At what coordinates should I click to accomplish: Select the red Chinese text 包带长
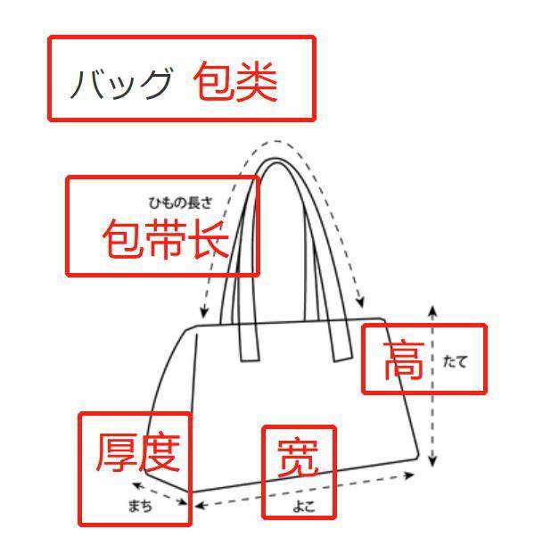click(166, 239)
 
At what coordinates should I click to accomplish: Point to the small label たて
click(455, 361)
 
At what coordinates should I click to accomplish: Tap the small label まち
click(140, 506)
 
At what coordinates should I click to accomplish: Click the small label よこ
click(302, 507)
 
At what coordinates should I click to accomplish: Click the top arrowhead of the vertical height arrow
click(432, 309)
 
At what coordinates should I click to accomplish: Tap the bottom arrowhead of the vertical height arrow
click(432, 463)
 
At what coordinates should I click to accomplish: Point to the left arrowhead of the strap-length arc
click(204, 315)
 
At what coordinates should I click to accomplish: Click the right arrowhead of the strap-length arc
click(361, 304)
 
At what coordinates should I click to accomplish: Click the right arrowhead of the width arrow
click(416, 474)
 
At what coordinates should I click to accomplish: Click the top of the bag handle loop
click(275, 161)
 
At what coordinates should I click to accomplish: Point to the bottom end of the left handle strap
click(249, 360)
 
